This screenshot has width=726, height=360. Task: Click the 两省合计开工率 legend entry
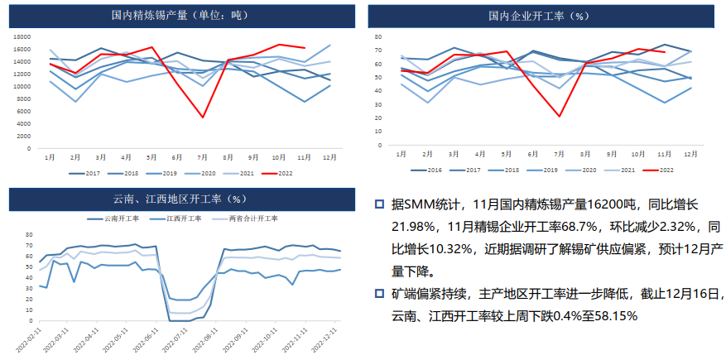tap(251, 218)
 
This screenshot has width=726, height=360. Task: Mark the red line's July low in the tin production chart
tap(203, 117)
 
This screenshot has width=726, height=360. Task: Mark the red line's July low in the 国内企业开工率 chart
tap(560, 117)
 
